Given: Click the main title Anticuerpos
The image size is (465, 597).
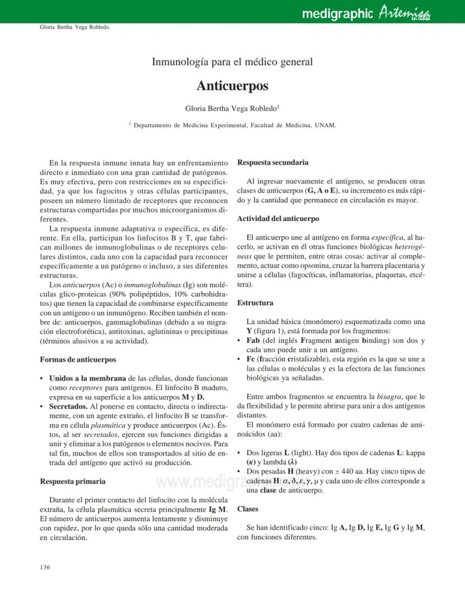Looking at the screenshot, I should click(x=232, y=86).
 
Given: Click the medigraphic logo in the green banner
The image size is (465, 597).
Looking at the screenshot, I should click(x=337, y=13).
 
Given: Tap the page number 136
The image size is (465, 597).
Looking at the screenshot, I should click(x=45, y=567).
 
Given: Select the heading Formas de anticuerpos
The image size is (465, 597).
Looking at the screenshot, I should click(x=78, y=359).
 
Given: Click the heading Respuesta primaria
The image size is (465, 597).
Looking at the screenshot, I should click(x=73, y=481).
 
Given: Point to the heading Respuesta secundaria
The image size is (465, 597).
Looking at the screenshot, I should click(x=273, y=162).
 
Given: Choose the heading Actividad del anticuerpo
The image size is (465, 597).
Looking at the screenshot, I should click(x=278, y=218).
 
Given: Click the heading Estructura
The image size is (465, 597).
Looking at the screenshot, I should click(x=255, y=302).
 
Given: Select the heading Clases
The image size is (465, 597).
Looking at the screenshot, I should click(x=248, y=509).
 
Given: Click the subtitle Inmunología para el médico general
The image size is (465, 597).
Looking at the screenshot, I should click(x=232, y=62).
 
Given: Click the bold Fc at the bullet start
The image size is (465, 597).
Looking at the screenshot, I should click(x=251, y=359).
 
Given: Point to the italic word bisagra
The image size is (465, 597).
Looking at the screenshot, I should click(x=389, y=396).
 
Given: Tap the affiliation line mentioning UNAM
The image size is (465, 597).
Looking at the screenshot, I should click(x=232, y=125).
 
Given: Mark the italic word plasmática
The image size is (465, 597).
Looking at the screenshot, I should click(x=108, y=425).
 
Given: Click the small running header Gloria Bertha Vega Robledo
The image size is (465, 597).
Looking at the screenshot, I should click(x=75, y=27).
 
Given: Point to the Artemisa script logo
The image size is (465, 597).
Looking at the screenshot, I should click(x=404, y=12).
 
